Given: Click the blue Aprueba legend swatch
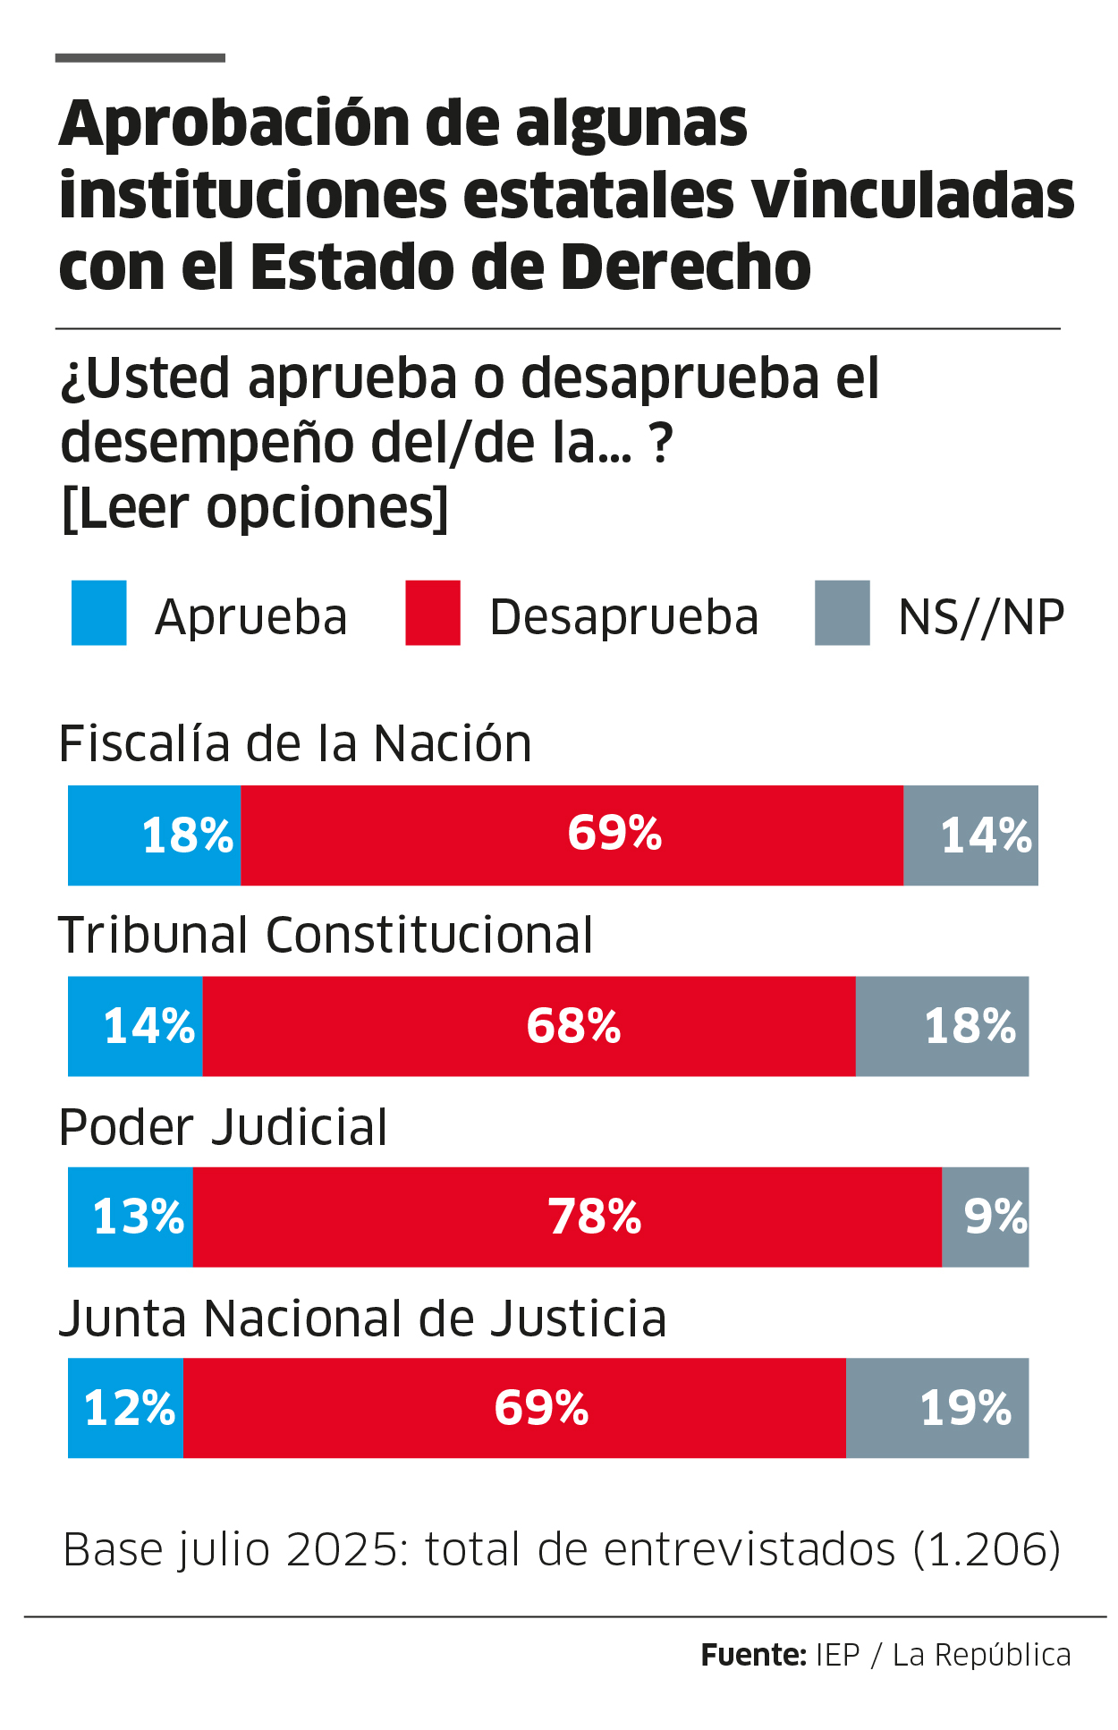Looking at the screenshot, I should click(98, 613).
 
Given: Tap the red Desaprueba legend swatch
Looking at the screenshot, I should click(433, 613).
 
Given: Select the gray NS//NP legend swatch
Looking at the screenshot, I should click(842, 613).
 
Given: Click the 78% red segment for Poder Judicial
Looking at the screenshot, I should click(567, 1217).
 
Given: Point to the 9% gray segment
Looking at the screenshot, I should click(986, 1217).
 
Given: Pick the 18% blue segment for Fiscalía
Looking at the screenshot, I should click(155, 835).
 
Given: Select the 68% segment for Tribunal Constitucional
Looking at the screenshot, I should click(529, 1026).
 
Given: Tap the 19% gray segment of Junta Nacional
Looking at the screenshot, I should click(937, 1408).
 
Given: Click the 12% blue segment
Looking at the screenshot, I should click(126, 1408).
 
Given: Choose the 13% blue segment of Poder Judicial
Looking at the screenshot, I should click(131, 1217).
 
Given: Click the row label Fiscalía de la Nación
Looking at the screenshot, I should click(295, 744).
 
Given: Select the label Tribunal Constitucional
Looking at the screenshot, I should click(326, 936).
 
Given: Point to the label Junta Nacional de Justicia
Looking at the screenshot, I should click(362, 1319).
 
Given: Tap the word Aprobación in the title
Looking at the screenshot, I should click(231, 125).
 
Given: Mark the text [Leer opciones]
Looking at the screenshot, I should click(255, 508).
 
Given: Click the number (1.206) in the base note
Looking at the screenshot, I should click(987, 1549).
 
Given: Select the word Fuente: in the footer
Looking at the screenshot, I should click(753, 1655).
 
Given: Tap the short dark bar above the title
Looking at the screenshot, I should click(140, 58).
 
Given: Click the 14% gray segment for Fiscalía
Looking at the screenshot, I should click(970, 835).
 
